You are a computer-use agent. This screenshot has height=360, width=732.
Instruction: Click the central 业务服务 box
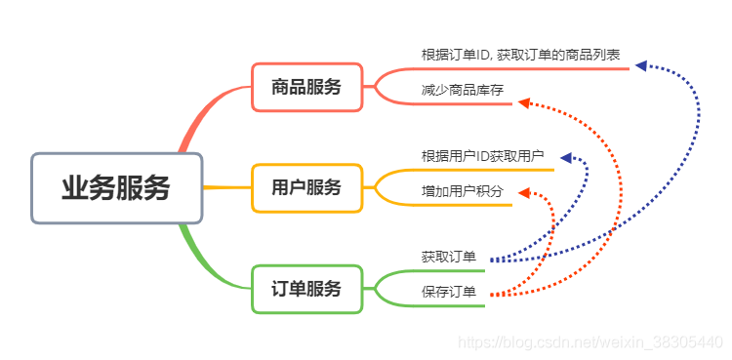coord(116,188)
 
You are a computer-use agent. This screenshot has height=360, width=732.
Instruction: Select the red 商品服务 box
coord(306,87)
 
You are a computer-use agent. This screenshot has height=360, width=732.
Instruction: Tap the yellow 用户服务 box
coord(306,187)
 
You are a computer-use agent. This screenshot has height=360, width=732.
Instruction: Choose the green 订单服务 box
coord(306,289)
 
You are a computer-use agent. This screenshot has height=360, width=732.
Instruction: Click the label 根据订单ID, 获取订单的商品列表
coord(520,55)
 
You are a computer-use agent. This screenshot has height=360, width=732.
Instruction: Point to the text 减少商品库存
coord(463,90)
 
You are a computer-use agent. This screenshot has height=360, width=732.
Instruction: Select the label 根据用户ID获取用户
coord(482,156)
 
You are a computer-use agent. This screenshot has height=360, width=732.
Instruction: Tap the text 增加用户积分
coord(463,190)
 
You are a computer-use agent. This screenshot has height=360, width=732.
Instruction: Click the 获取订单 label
coord(449,257)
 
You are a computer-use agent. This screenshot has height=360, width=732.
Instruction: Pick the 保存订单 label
coord(449,292)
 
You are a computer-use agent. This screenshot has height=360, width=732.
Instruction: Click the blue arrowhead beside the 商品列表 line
coord(641,65)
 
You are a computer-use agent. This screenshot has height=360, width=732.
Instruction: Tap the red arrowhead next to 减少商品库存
coord(523,102)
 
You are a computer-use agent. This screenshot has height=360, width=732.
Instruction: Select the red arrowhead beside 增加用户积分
coord(523,193)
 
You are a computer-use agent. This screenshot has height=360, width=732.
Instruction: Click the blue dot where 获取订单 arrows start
coord(492,260)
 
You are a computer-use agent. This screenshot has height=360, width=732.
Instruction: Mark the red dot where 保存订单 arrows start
coord(492,294)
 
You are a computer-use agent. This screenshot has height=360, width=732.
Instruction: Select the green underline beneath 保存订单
coord(449,306)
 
